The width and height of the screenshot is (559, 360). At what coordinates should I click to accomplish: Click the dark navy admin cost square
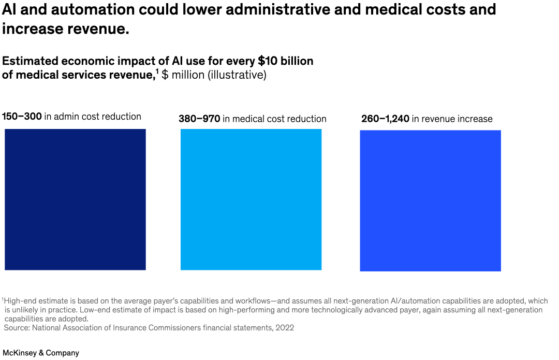tap(75, 199)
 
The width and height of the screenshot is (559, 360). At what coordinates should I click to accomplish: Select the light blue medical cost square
tap(251, 199)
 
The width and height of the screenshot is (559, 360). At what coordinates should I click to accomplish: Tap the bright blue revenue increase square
tap(430, 200)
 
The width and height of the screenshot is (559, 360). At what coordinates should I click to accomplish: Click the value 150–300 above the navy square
tap(22, 117)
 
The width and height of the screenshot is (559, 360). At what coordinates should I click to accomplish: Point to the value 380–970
tap(199, 119)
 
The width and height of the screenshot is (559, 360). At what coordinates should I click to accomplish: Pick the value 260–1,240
tap(385, 119)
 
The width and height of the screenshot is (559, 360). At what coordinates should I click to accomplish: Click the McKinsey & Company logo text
tap(41, 353)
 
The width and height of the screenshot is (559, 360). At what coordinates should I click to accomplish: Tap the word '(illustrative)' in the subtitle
tap(237, 75)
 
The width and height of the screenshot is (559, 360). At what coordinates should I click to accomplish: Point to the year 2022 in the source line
tap(284, 328)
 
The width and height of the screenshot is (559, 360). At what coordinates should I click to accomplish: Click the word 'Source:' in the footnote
tap(18, 328)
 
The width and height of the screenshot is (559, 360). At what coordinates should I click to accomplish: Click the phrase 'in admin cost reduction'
tap(93, 117)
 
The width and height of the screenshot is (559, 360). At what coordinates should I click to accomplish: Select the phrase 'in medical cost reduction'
tap(274, 119)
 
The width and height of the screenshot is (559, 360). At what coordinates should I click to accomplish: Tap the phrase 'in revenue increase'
tap(452, 119)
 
